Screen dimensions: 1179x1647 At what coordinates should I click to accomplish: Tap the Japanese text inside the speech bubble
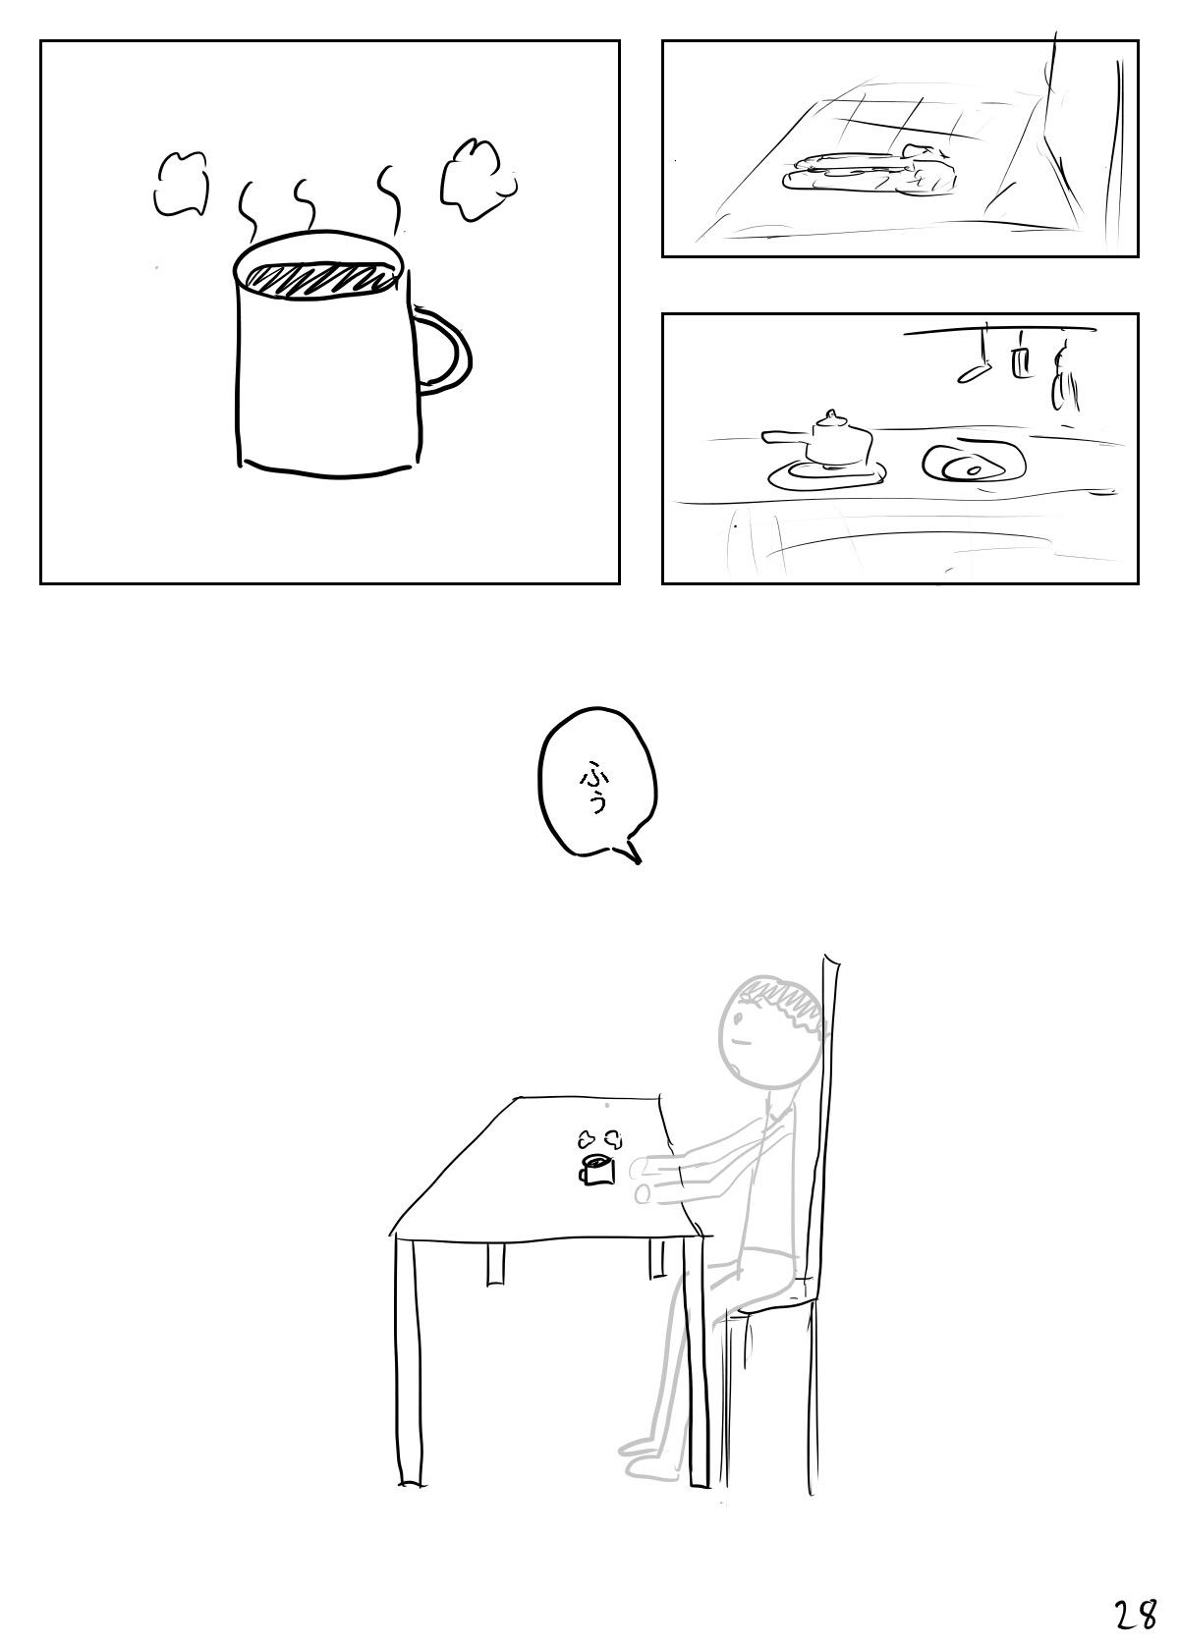(593, 791)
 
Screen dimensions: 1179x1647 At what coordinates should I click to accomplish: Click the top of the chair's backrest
(832, 961)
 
